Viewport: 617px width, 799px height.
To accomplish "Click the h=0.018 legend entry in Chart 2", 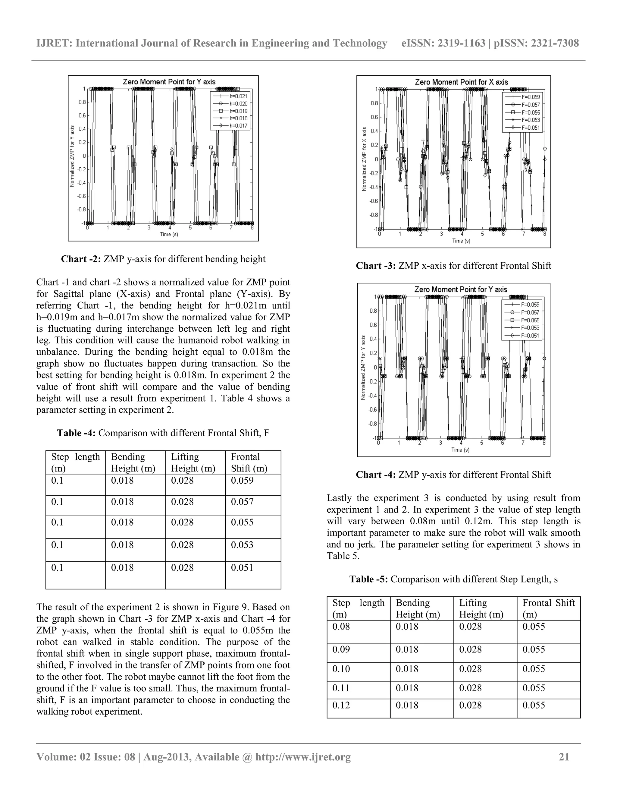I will (238, 118).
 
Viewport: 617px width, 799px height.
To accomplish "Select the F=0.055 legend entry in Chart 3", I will (530, 112).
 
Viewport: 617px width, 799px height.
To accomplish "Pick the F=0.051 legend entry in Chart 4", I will (530, 336).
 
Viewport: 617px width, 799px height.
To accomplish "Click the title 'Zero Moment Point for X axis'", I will (461, 82).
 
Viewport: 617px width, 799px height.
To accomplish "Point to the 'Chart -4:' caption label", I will (376, 475).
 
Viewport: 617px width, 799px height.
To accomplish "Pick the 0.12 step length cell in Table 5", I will (341, 705).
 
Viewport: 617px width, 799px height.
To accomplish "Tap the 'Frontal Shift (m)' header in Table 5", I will (548, 608).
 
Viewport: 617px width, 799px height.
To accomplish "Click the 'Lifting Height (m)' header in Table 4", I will (193, 463).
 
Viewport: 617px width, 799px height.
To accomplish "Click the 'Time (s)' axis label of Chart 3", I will (461, 240).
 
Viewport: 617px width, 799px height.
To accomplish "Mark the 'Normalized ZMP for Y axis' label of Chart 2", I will (72, 156).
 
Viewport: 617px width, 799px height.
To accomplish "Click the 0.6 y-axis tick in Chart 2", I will (82, 115).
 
